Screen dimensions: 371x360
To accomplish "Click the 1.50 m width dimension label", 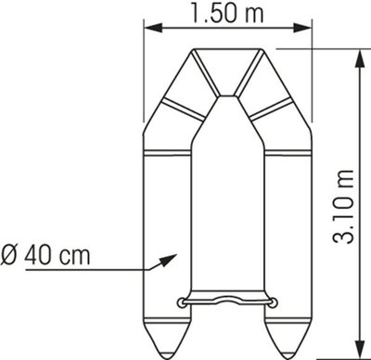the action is (x=227, y=12).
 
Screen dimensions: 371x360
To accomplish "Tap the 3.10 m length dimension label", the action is (x=343, y=207).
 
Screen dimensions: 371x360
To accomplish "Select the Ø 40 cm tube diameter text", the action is (x=45, y=255).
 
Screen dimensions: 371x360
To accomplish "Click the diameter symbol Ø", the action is (x=9, y=255).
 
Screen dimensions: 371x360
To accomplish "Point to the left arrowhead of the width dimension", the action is (x=154, y=28).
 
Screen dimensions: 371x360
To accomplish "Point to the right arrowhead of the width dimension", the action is (x=301, y=28).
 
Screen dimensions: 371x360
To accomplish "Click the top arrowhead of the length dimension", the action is (x=359, y=59).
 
